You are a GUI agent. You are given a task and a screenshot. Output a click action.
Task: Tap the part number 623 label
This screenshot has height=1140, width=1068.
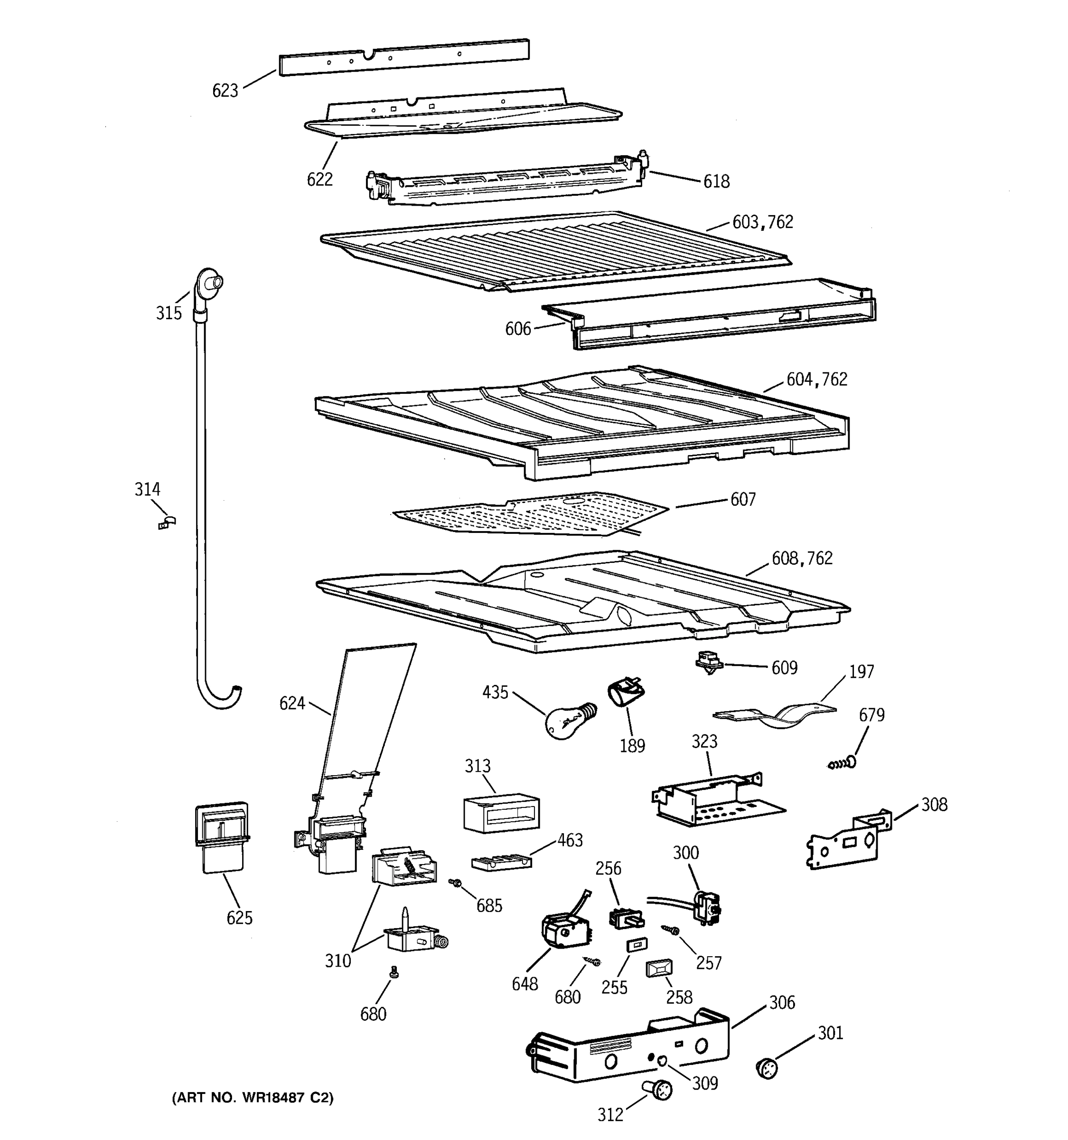(x=225, y=91)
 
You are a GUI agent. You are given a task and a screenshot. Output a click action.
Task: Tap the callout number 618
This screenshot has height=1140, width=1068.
(x=716, y=182)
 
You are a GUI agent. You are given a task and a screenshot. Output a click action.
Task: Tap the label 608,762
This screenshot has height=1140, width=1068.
(x=802, y=559)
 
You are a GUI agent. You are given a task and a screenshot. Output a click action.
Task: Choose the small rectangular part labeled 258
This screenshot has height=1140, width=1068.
(x=659, y=969)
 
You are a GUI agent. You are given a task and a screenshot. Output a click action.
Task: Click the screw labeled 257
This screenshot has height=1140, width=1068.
(x=670, y=929)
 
